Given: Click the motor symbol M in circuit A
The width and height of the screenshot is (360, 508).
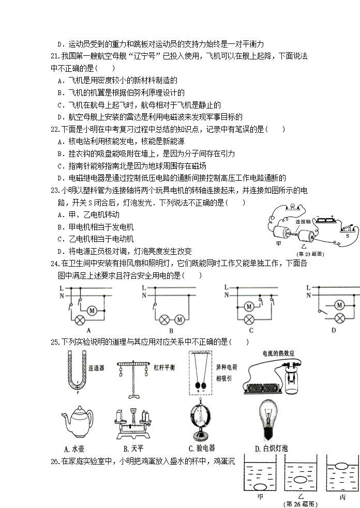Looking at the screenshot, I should (x=93, y=310).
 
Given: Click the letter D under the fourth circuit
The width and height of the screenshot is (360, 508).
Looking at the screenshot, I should (x=334, y=330).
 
